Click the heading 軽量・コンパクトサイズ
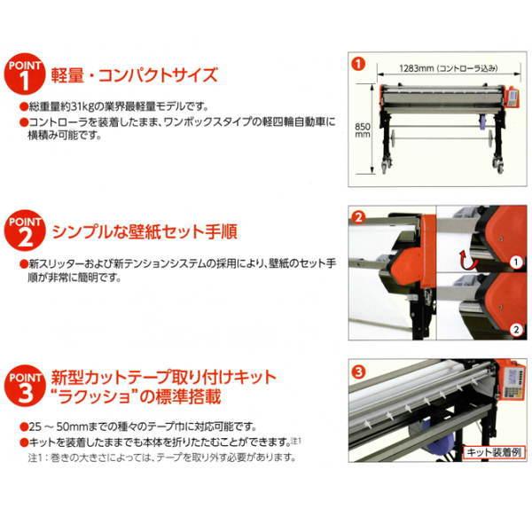134,76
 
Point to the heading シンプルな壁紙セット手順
150,232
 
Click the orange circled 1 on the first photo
358,64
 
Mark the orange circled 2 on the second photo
358,217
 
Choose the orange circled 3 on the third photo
358,371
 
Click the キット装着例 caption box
491,453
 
